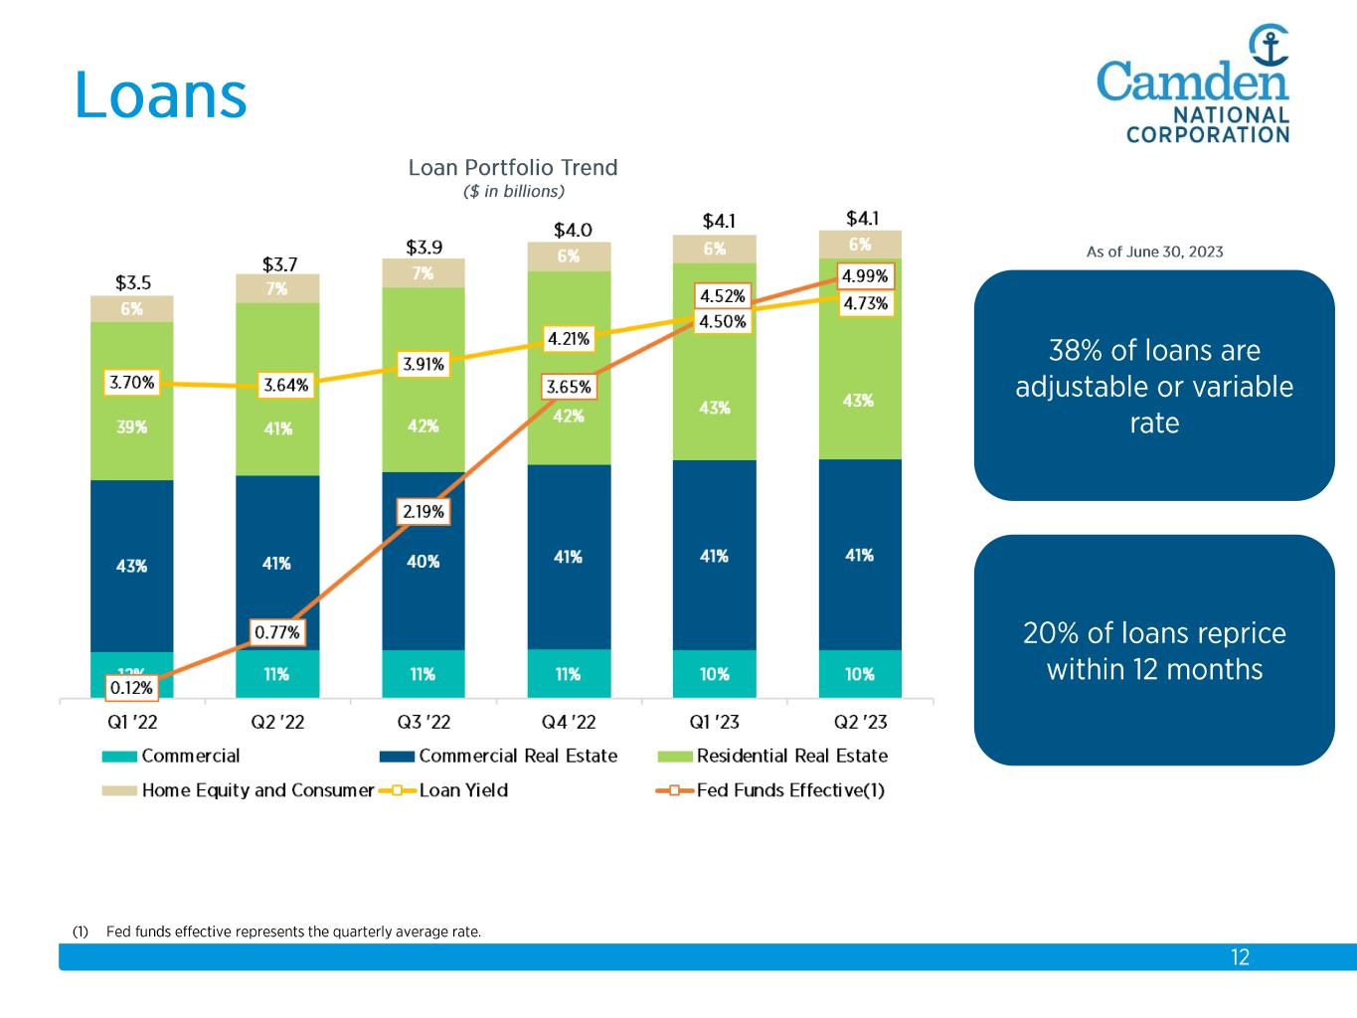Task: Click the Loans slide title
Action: click(x=160, y=96)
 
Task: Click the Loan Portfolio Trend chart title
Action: click(x=513, y=168)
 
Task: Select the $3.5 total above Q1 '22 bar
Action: click(x=131, y=282)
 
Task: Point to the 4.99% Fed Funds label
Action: click(x=864, y=276)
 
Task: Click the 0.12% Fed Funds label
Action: click(x=131, y=687)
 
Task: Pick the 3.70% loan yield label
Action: click(x=131, y=382)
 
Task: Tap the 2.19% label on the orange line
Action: click(x=424, y=512)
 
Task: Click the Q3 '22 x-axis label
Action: click(x=423, y=722)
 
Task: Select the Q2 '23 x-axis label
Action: click(x=859, y=722)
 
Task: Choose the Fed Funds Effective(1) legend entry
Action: click(x=789, y=790)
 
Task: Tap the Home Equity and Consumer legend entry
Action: click(x=256, y=790)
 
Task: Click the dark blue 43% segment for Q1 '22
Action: click(x=131, y=566)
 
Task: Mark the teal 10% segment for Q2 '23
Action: click(x=860, y=674)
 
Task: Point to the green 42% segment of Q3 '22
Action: click(x=424, y=425)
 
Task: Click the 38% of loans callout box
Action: click(x=1154, y=386)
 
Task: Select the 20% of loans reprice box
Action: click(x=1154, y=650)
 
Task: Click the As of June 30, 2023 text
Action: click(x=1154, y=252)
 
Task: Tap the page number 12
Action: click(x=1240, y=957)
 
